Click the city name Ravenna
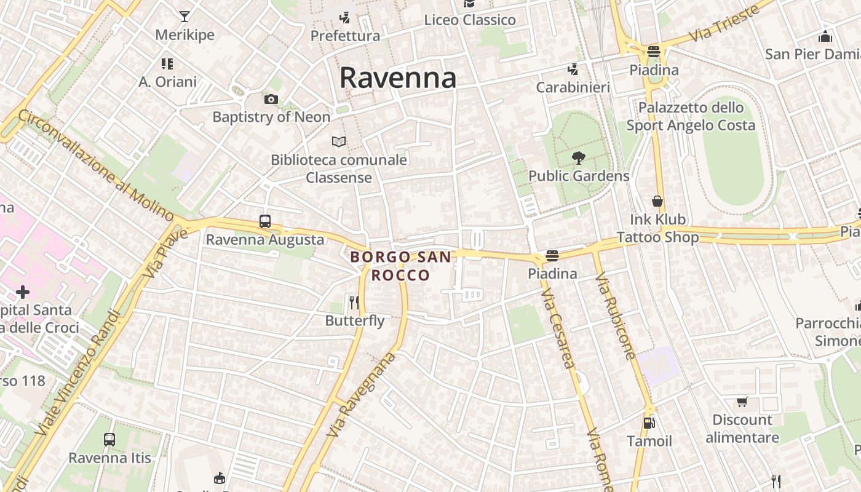coord(398,78)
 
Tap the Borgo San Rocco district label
coord(400,266)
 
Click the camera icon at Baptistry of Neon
coord(271,99)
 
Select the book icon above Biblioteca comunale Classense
coord(339,142)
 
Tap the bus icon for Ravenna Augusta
coord(265,221)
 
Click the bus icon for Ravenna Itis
coord(109,440)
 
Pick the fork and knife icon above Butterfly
coord(354,302)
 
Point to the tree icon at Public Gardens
coord(578,158)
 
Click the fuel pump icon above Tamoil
coord(649,423)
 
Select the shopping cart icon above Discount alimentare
coord(742,402)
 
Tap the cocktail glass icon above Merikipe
coord(184,17)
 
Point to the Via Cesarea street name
coord(558,330)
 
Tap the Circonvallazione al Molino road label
coord(96,165)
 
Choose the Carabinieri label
coord(573,87)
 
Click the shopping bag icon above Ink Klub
coord(657,201)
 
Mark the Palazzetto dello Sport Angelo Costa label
coord(691,116)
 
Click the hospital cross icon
coord(23,292)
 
